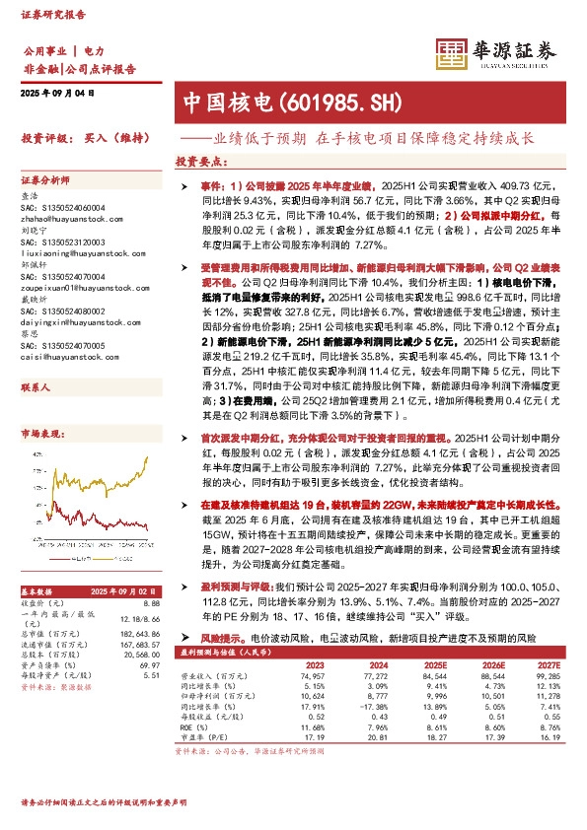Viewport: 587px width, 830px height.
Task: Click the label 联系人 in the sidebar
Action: pos(36,361)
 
